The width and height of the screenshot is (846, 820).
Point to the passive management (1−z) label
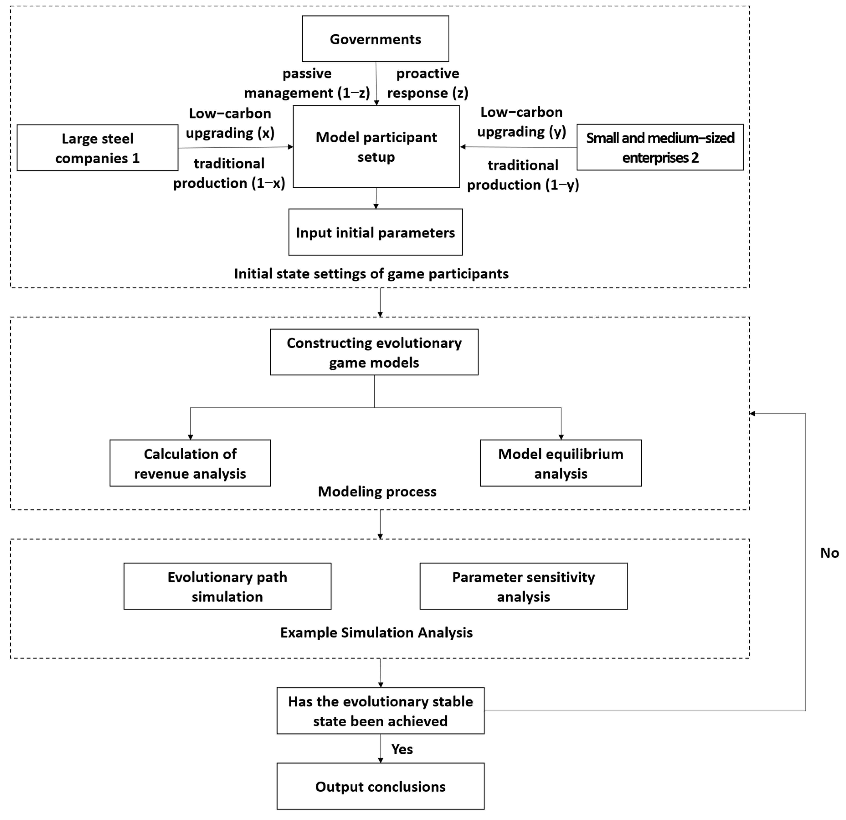(307, 83)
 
